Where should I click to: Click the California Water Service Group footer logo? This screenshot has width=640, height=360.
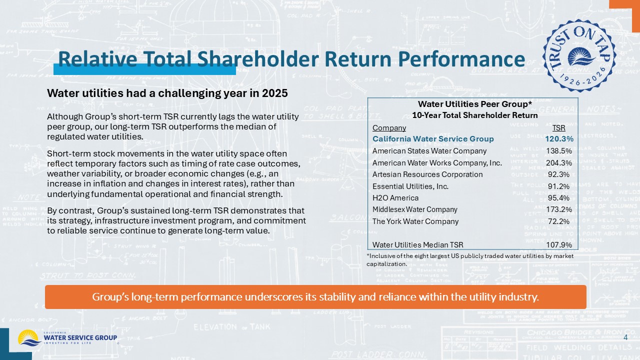pos(67,338)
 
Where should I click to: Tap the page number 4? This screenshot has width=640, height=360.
pos(625,338)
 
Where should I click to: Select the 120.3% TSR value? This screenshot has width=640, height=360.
pos(559,138)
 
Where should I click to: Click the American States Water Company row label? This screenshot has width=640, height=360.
pos(429,150)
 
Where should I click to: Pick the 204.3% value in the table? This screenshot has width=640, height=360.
pos(559,162)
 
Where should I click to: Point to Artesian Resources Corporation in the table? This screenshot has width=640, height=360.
pos(427,174)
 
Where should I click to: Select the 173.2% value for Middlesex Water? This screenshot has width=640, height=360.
pos(559,209)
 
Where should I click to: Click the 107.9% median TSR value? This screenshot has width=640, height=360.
pos(559,245)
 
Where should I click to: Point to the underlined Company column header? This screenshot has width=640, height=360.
pos(389,128)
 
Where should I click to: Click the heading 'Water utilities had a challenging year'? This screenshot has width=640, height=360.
pos(167,93)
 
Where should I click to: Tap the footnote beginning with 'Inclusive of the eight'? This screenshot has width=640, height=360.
pos(470,259)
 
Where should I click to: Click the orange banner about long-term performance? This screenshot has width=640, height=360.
pos(315,297)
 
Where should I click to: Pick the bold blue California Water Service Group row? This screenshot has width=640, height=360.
pos(433,138)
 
